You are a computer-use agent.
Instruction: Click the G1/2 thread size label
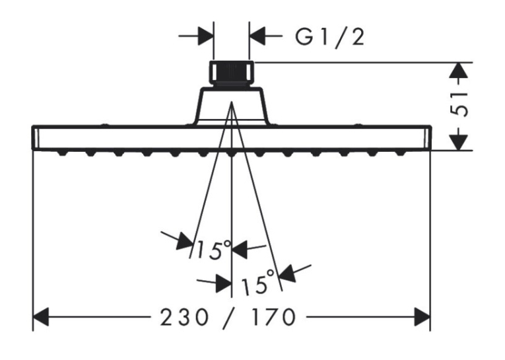(330, 38)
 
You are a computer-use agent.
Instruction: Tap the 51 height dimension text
(459, 105)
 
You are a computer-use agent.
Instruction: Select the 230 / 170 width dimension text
(228, 318)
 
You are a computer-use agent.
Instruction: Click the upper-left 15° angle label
(213, 249)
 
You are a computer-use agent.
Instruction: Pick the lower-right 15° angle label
(258, 283)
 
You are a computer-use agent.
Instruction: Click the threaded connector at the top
(231, 73)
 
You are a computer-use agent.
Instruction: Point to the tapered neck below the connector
(231, 106)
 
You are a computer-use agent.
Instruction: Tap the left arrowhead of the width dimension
(41, 317)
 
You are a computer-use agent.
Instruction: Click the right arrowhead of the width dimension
(422, 317)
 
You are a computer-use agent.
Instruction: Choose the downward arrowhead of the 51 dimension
(458, 142)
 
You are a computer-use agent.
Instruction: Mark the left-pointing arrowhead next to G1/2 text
(257, 36)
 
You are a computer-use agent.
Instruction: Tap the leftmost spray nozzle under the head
(63, 153)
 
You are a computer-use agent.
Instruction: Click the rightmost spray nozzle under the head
(400, 153)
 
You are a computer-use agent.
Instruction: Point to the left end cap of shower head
(36, 137)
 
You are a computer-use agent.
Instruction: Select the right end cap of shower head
(428, 137)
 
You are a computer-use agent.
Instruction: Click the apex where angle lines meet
(232, 102)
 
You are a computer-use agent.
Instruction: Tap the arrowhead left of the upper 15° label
(185, 241)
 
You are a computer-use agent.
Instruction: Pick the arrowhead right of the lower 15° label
(288, 273)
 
